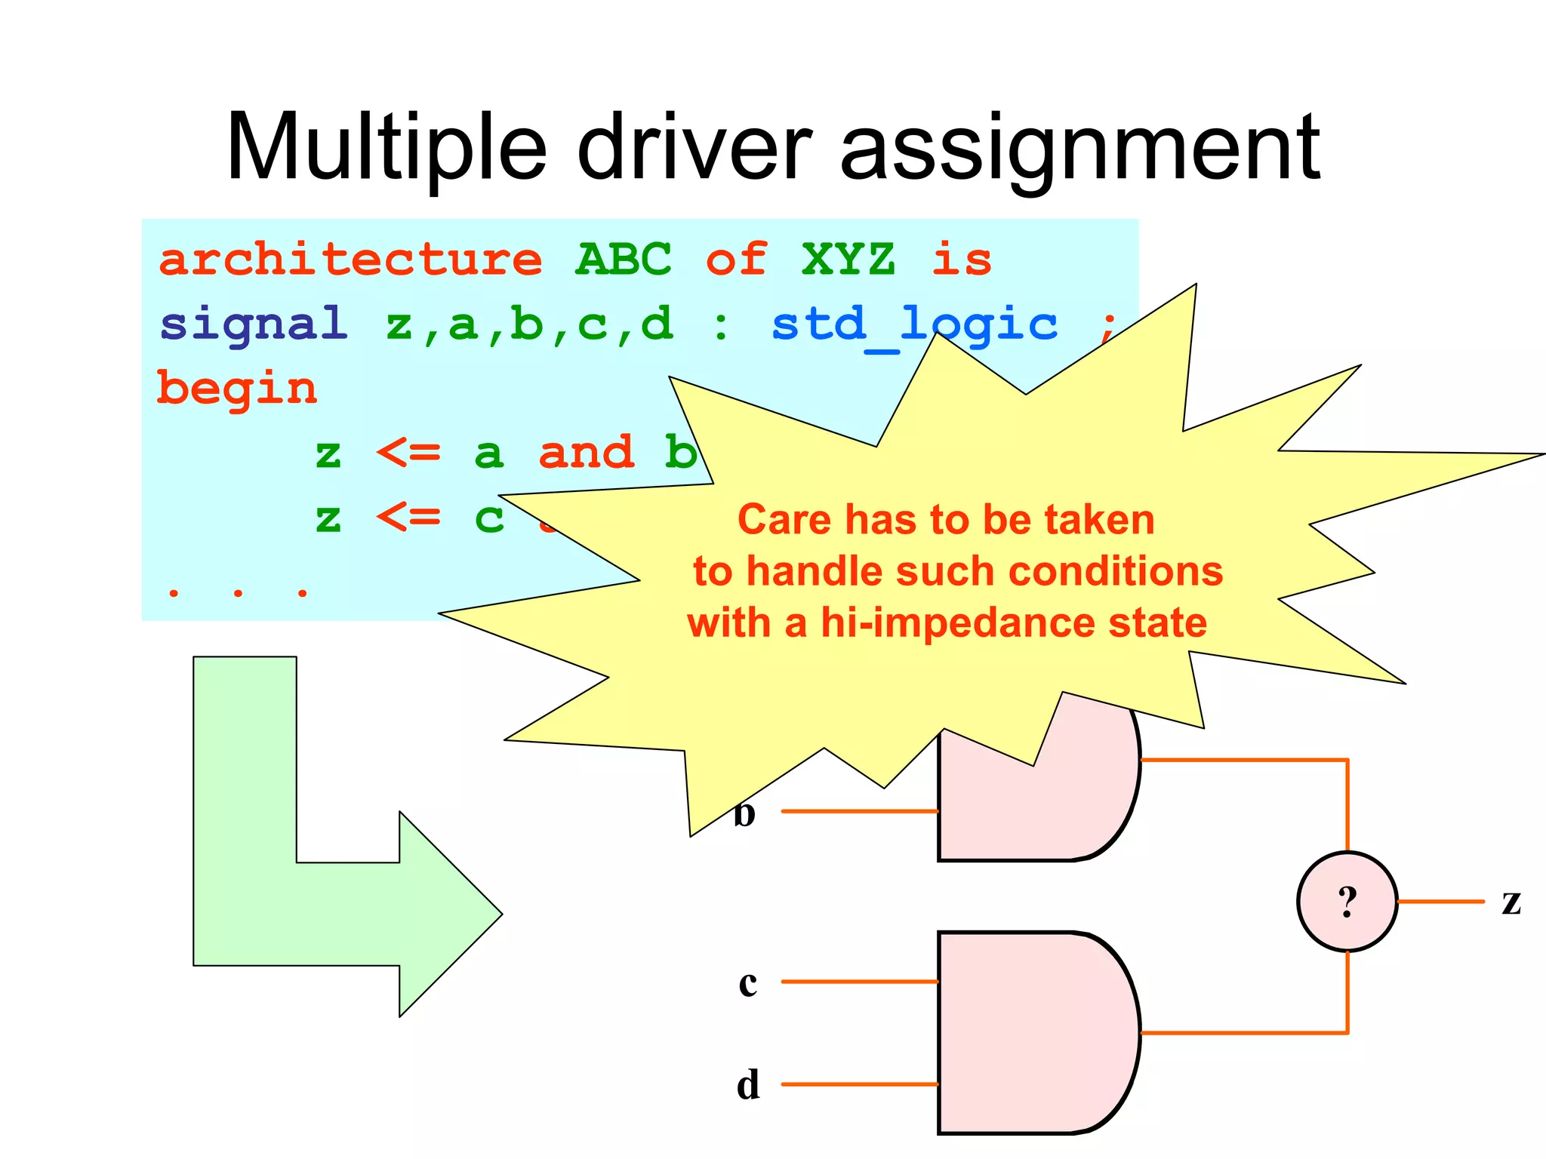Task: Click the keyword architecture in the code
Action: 350,260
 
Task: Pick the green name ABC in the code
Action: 624,260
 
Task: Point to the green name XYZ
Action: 848,260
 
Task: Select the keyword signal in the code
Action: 254,324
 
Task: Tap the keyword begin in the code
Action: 237,389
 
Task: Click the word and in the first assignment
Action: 586,453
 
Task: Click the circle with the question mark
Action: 1347,901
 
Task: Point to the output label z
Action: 1511,901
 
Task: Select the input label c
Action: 747,982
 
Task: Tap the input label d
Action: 747,1085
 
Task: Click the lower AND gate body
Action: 1034,1032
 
